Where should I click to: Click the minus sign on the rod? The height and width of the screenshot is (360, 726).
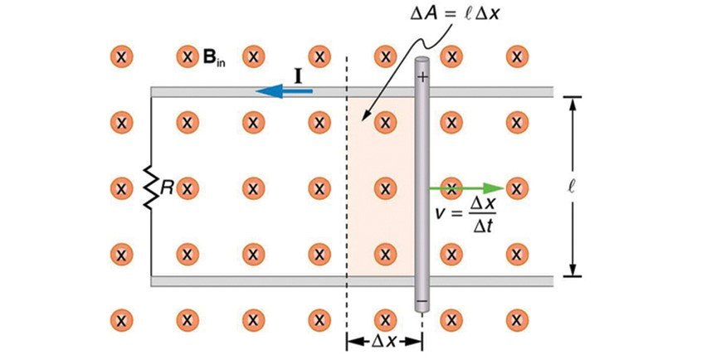tap(422, 299)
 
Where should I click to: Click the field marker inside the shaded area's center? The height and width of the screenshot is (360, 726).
tap(384, 187)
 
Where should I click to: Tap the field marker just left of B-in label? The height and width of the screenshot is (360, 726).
tap(188, 57)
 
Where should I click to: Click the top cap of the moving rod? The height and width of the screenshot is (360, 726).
tap(422, 61)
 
